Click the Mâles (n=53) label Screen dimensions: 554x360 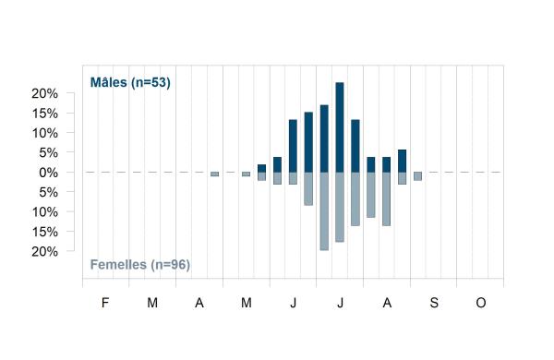[x=130, y=82]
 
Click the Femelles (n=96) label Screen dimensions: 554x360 [x=140, y=265]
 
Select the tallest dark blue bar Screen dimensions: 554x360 [x=340, y=127]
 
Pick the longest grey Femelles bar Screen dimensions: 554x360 [x=324, y=211]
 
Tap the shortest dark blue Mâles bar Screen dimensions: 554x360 [x=262, y=169]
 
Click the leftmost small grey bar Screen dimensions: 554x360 [x=215, y=174]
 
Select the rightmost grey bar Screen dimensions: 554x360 [x=417, y=176]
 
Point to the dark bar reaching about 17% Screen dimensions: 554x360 [x=324, y=138]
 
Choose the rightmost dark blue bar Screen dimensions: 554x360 [x=402, y=162]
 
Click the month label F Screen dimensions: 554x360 [x=105, y=303]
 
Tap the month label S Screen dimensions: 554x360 [x=434, y=303]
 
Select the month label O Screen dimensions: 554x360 [x=481, y=303]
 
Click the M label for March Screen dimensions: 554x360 [x=152, y=303]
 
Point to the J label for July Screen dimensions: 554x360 [x=340, y=303]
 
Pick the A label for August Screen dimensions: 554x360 [x=387, y=303]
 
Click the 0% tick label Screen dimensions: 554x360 [x=48, y=173]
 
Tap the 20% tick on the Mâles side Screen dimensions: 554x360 [x=44, y=93]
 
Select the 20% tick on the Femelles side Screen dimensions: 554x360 [x=44, y=252]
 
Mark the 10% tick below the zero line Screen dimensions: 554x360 [x=44, y=212]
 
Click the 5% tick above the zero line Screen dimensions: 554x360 [x=48, y=153]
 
